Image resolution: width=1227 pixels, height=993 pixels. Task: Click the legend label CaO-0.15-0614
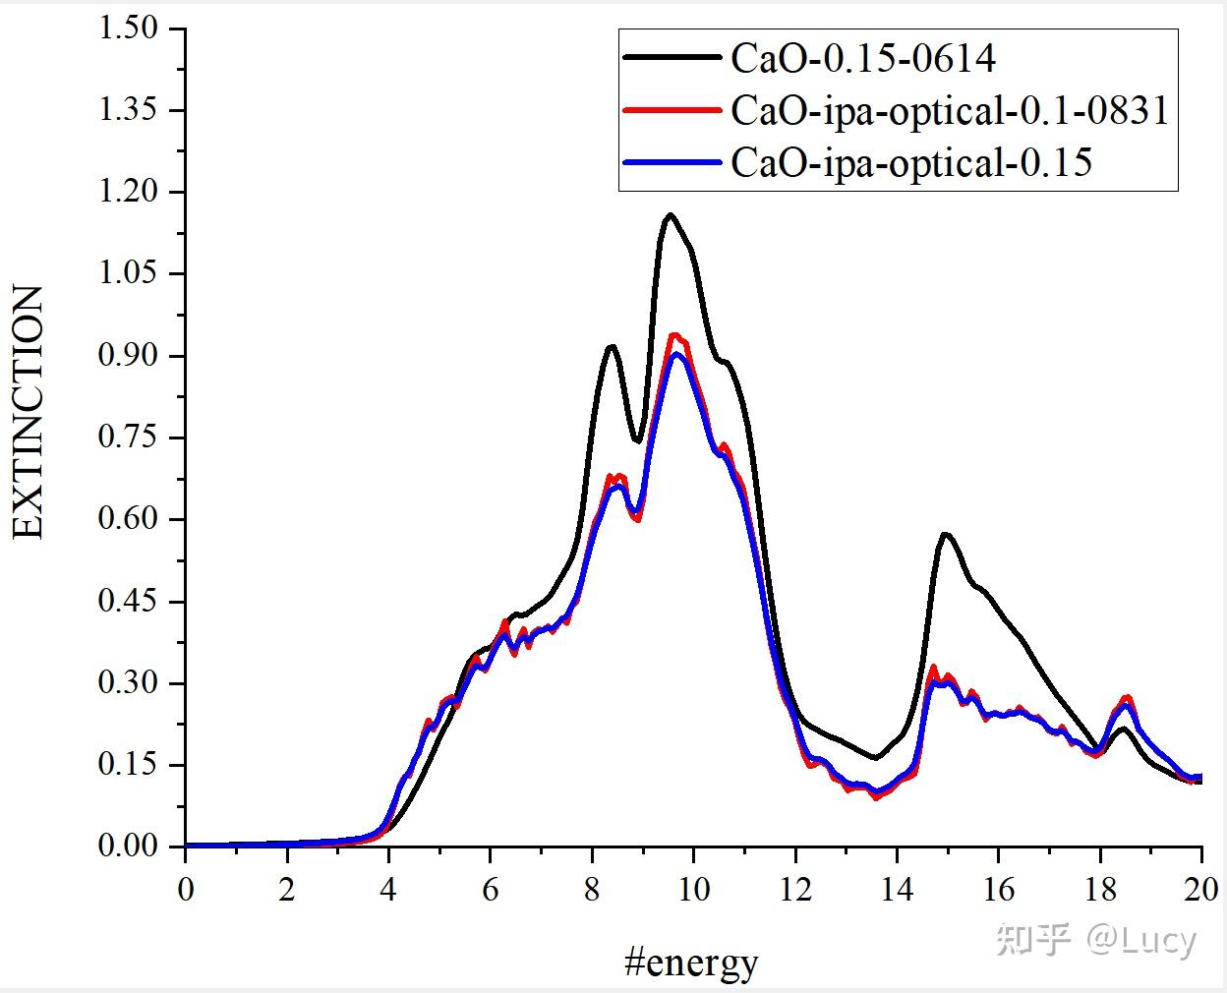[x=862, y=59]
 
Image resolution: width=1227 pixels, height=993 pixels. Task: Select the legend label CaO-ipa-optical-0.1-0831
[x=950, y=110]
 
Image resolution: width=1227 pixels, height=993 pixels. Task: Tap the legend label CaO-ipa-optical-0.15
[x=911, y=162]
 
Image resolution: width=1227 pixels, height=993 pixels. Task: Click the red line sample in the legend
[x=672, y=110]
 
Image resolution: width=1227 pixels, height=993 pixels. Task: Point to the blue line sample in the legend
[x=672, y=162]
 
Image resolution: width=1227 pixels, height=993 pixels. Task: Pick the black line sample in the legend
[x=672, y=59]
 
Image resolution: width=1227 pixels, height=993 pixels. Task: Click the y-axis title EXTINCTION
[x=29, y=413]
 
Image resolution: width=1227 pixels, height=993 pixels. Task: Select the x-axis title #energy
[x=691, y=962]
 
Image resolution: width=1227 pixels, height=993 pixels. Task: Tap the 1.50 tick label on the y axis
[x=128, y=28]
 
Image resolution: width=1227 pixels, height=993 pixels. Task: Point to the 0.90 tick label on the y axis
[x=128, y=355]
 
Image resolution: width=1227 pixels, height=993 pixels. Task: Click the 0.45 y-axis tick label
[x=128, y=601]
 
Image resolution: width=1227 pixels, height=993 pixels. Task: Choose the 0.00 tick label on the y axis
[x=128, y=846]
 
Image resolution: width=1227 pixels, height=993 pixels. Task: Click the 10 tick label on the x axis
[x=693, y=890]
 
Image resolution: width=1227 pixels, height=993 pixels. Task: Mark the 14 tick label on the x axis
[x=897, y=890]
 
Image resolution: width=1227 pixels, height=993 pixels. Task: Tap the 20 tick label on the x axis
[x=1200, y=890]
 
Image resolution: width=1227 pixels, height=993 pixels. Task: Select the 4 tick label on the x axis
[x=388, y=890]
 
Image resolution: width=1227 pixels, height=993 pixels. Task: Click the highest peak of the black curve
[x=670, y=214]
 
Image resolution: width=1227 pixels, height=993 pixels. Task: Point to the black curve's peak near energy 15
[x=944, y=534]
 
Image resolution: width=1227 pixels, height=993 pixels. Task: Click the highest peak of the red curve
[x=674, y=335]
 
